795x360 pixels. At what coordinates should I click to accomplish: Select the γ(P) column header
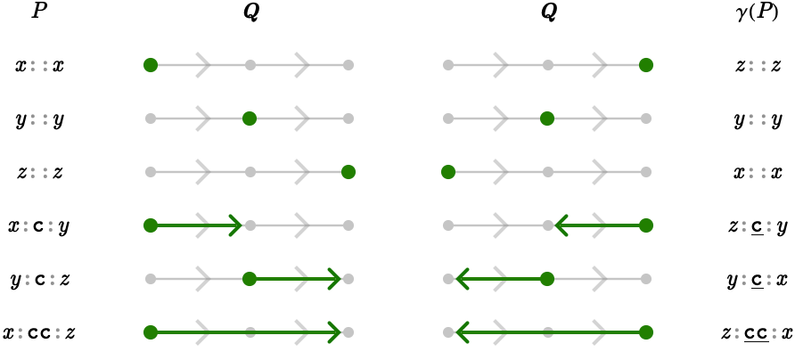pos(756,13)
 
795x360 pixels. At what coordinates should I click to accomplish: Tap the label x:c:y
pos(38,226)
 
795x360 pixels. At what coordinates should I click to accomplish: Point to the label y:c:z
pos(38,280)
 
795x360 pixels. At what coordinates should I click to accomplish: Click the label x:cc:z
pos(39,333)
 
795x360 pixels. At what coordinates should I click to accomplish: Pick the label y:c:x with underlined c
pos(758,280)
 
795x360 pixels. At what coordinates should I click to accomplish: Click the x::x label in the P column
pos(39,66)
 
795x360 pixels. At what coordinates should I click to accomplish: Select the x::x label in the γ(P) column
pos(758,173)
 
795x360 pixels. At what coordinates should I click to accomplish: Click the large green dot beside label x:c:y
pos(151,225)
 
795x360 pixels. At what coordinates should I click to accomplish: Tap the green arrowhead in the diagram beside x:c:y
pos(235,225)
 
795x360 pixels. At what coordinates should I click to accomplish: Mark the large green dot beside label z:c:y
pos(645,225)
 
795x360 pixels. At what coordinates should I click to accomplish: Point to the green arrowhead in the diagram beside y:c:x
pos(462,279)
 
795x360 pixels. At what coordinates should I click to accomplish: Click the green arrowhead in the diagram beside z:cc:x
pos(462,332)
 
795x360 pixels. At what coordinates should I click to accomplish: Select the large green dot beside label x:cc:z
pos(151,332)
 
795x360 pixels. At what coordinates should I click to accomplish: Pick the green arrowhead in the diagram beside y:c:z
pos(334,279)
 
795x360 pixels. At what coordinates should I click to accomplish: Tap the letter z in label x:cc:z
pos(70,333)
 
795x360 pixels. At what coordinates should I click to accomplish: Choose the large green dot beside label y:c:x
pos(546,279)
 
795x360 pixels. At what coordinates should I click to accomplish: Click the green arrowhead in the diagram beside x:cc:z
pos(334,332)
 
